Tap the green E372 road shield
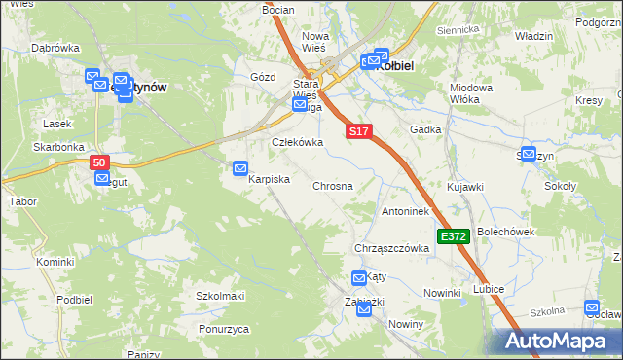455,236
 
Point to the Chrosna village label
332,185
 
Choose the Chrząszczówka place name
392,248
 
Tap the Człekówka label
296,142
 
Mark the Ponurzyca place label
222,329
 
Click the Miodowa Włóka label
471,93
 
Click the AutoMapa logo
560,341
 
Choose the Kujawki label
464,185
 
